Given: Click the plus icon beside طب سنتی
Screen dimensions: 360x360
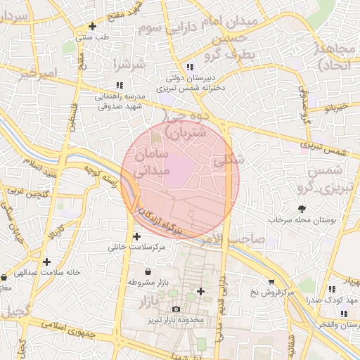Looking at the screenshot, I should click(92, 27).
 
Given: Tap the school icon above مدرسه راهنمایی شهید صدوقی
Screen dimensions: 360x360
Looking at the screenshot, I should click(119, 85).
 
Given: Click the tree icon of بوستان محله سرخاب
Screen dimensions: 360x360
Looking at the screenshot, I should click(302, 208).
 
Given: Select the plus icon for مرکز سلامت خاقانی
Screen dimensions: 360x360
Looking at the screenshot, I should click(136, 236).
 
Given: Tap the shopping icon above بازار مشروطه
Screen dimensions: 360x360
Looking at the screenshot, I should click(148, 271).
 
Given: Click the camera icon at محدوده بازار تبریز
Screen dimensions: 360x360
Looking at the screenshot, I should click(176, 309).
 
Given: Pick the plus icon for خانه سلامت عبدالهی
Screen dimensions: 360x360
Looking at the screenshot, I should click(46, 262).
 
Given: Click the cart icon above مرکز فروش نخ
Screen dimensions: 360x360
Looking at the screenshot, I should click(271, 281).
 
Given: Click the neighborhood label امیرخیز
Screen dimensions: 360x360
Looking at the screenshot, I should click(37, 72).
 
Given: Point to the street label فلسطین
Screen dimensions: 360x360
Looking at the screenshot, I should click(70, 113).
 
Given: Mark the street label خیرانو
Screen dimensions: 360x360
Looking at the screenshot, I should click(337, 107).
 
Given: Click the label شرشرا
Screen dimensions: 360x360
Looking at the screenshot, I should click(130, 65).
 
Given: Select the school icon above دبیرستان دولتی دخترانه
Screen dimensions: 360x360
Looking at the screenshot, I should click(190, 67).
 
